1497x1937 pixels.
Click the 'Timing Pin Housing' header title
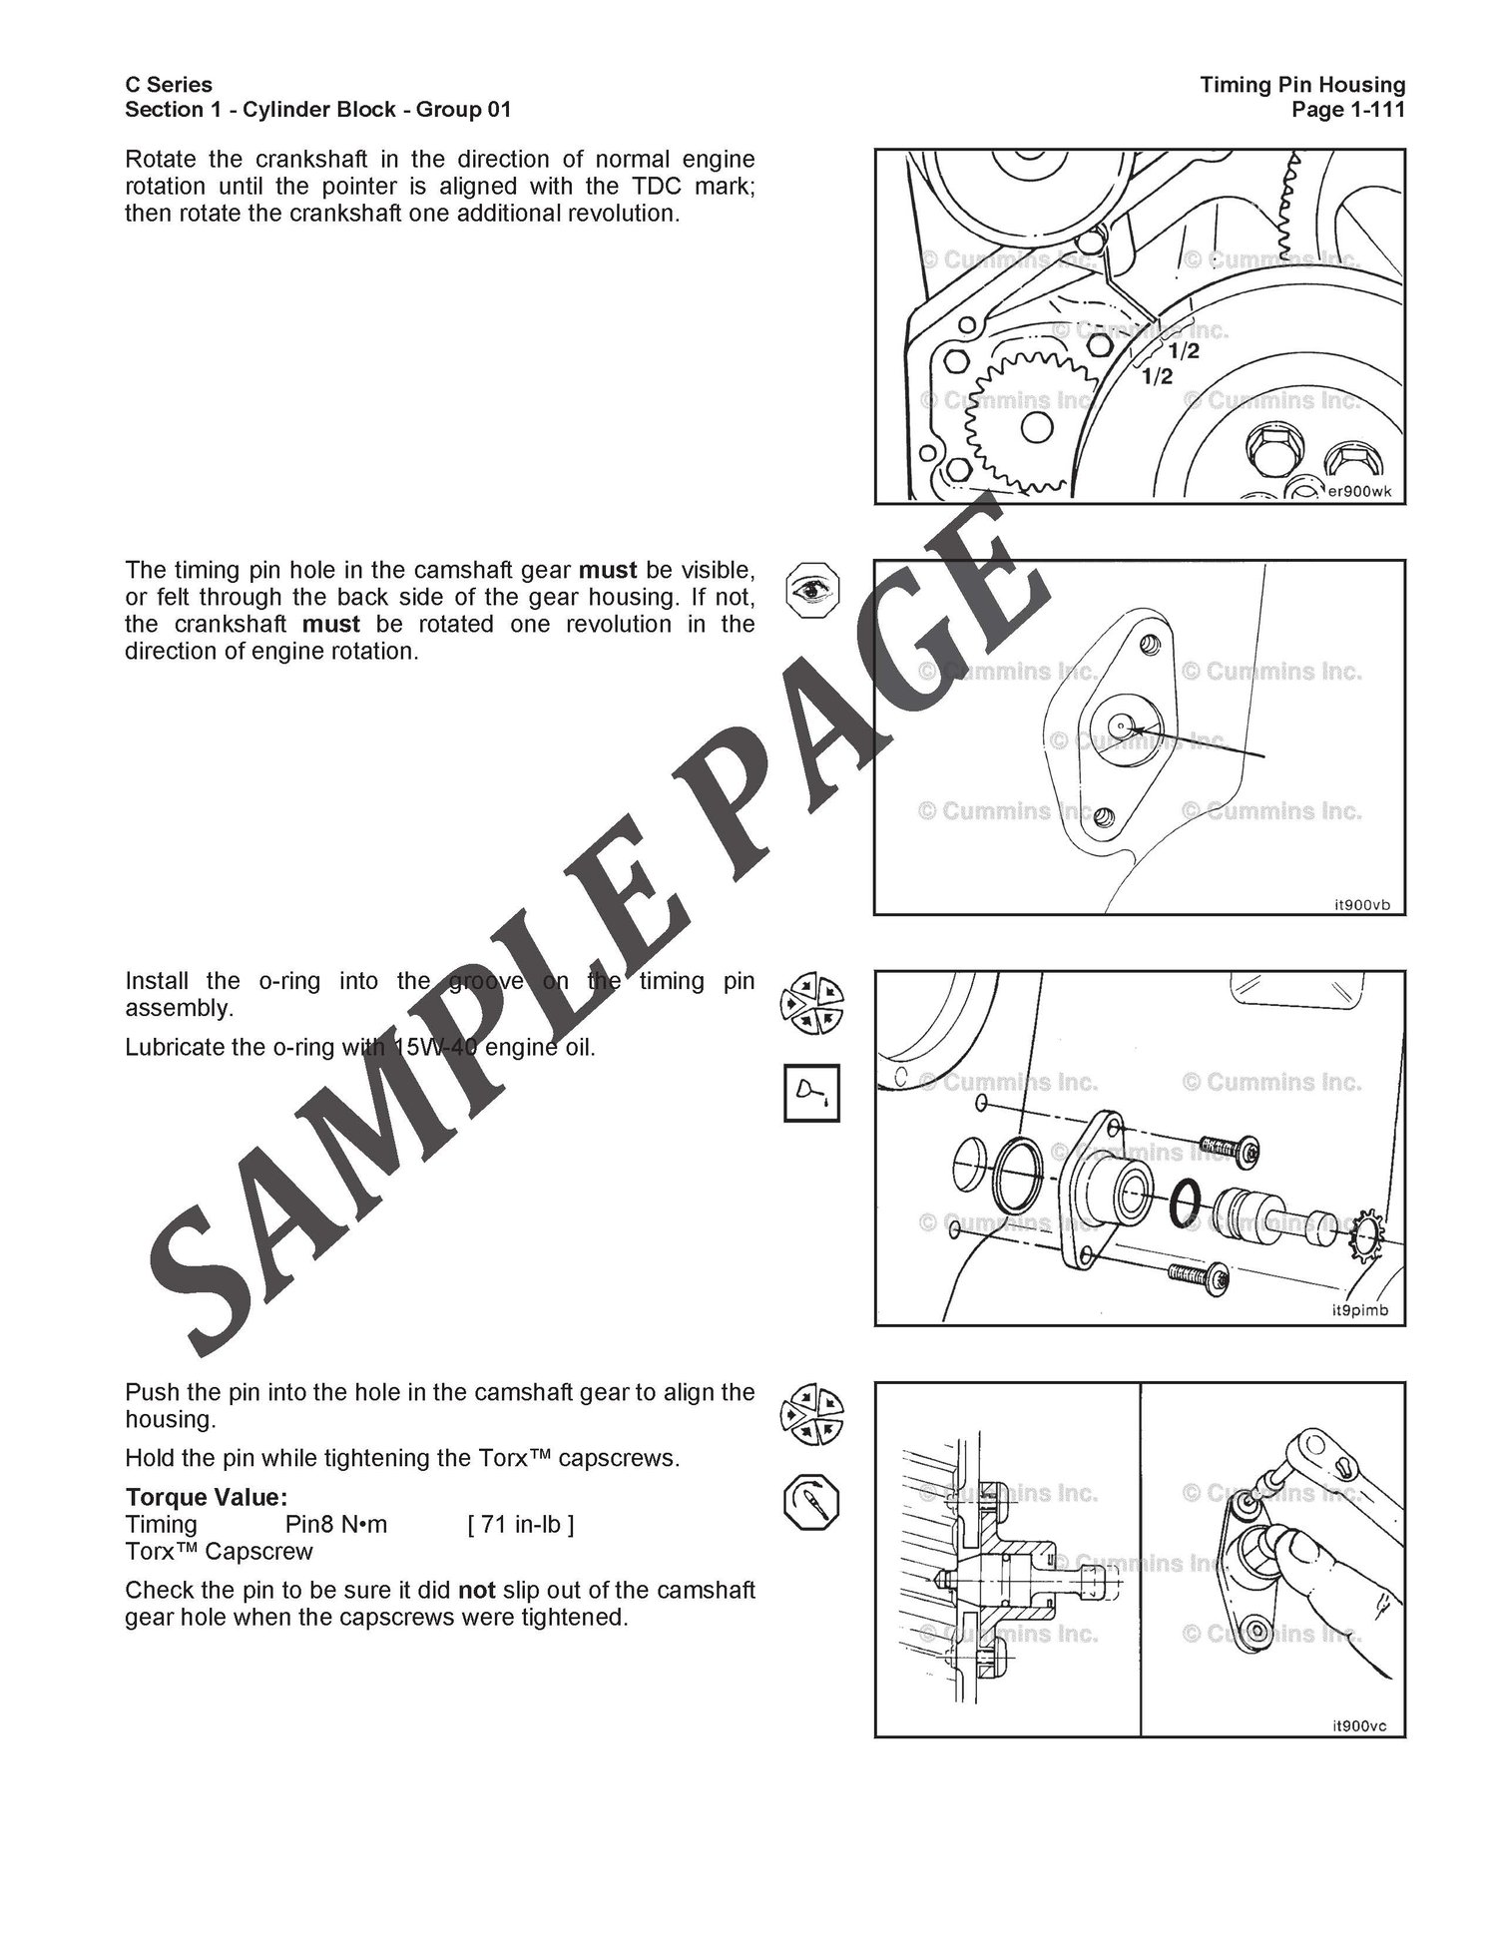tap(1302, 85)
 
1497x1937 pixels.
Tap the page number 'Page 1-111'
tap(1348, 110)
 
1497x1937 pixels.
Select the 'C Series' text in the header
tap(169, 85)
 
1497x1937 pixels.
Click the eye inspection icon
tap(812, 589)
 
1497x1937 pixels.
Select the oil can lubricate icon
tap(812, 1093)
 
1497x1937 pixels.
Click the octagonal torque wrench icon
tap(812, 1504)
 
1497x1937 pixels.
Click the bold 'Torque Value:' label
tap(207, 1498)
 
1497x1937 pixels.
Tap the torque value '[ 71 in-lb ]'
tap(521, 1525)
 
